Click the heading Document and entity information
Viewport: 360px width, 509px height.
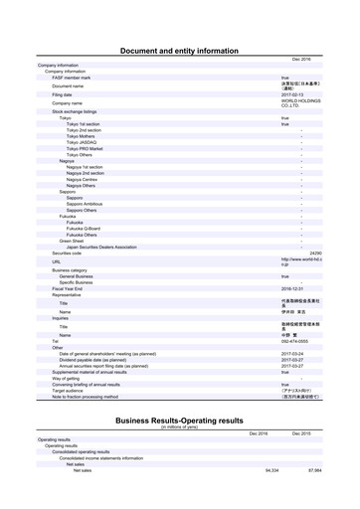[179, 50]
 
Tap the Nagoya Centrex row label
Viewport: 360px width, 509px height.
[87, 179]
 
